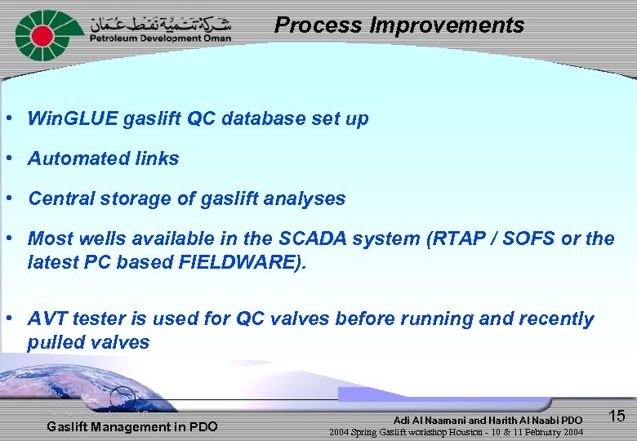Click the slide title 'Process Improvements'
click(x=399, y=25)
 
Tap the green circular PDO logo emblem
click(x=40, y=35)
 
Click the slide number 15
click(x=617, y=416)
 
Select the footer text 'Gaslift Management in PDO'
click(x=132, y=426)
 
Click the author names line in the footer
click(x=488, y=420)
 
